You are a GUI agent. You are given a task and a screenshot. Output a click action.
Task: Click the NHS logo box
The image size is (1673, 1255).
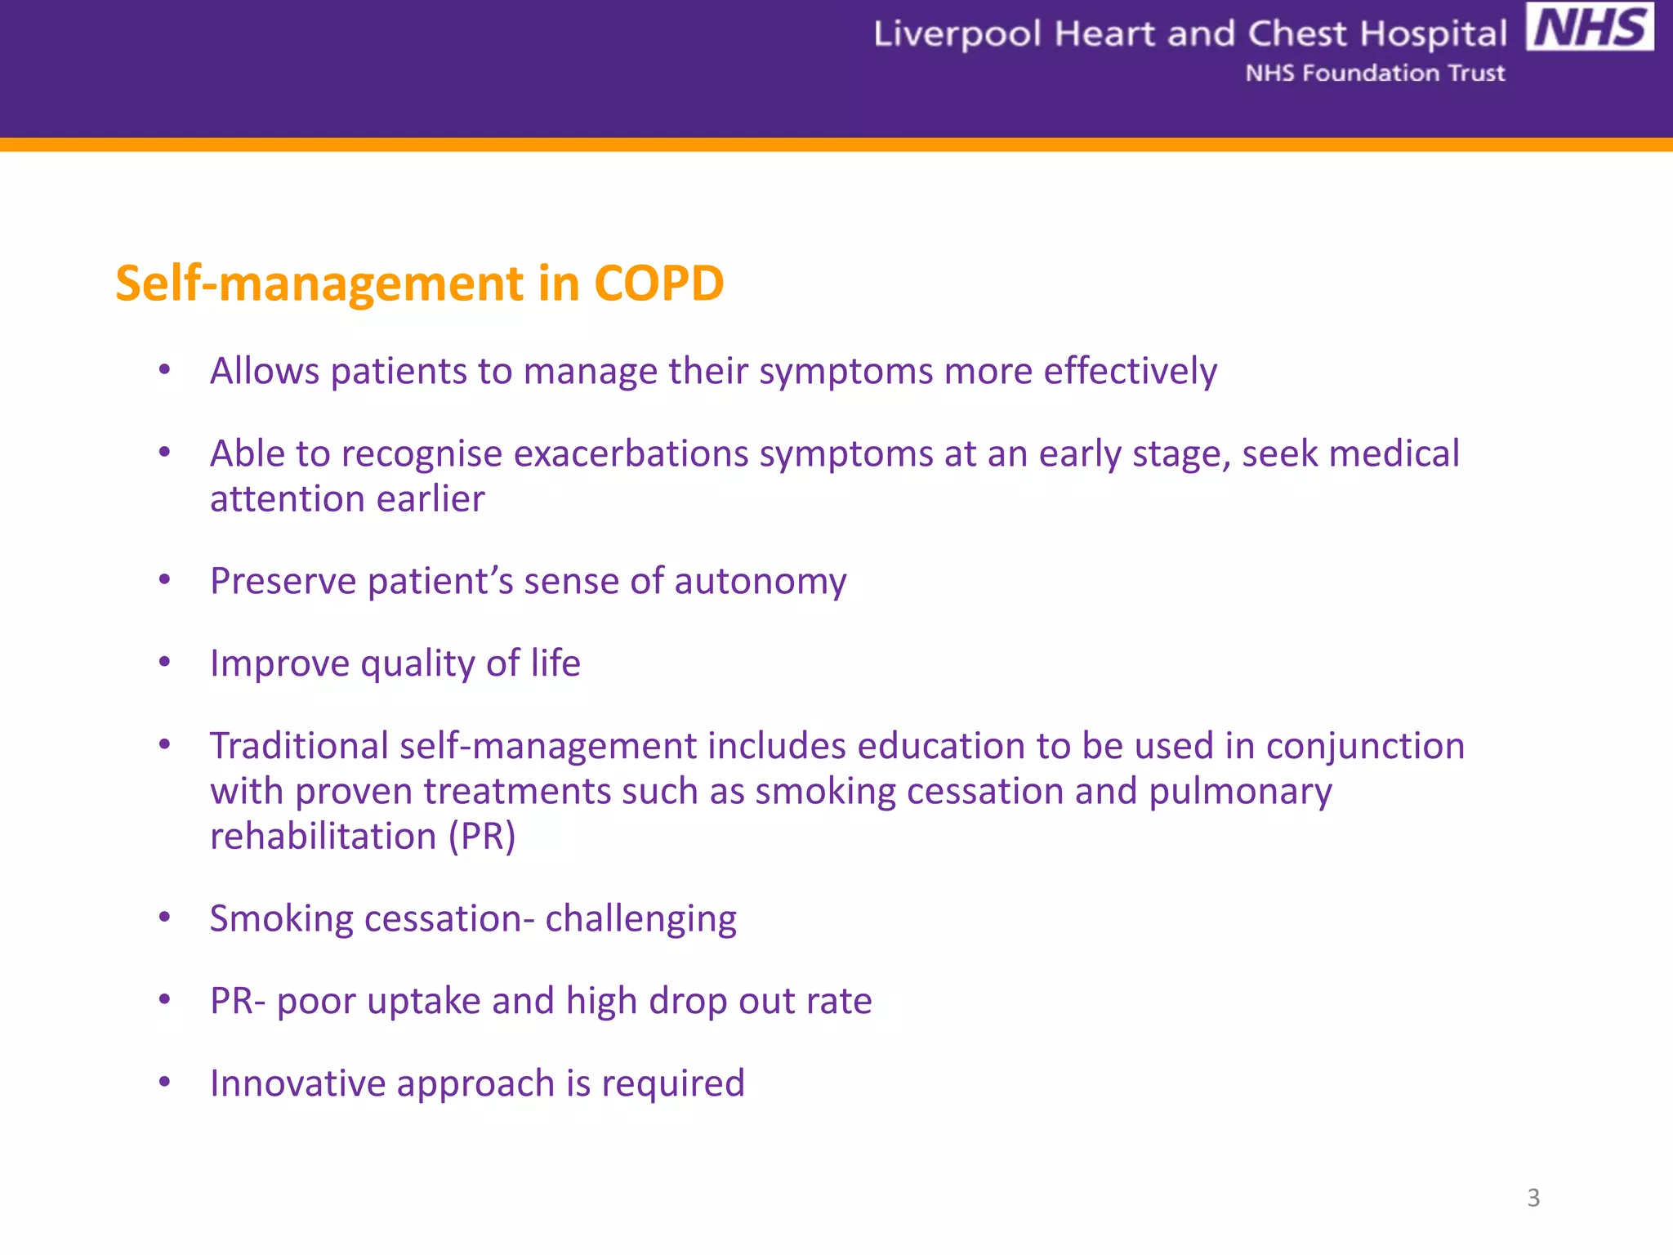tap(1590, 28)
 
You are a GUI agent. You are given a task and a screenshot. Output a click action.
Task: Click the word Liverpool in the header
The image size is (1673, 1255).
tap(957, 35)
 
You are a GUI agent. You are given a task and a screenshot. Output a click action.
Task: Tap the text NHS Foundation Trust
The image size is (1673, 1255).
tap(1375, 74)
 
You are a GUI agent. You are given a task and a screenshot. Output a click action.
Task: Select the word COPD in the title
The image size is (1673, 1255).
tap(658, 284)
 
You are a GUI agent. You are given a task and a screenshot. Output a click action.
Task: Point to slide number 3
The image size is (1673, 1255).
tap(1533, 1198)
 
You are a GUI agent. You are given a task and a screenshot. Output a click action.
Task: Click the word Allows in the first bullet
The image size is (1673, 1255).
tap(265, 371)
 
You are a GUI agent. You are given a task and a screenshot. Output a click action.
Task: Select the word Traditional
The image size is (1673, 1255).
tap(299, 746)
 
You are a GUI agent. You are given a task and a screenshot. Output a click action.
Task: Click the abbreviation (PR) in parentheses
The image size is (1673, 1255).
tap(482, 836)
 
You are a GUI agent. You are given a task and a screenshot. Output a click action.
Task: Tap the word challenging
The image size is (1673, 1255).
tap(640, 919)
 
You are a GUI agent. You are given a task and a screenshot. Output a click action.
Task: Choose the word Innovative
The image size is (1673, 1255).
tap(297, 1083)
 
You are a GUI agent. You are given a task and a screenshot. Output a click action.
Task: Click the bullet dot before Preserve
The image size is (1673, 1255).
tap(164, 580)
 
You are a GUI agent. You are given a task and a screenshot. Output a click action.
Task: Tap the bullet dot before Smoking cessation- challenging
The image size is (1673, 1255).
tap(164, 918)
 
